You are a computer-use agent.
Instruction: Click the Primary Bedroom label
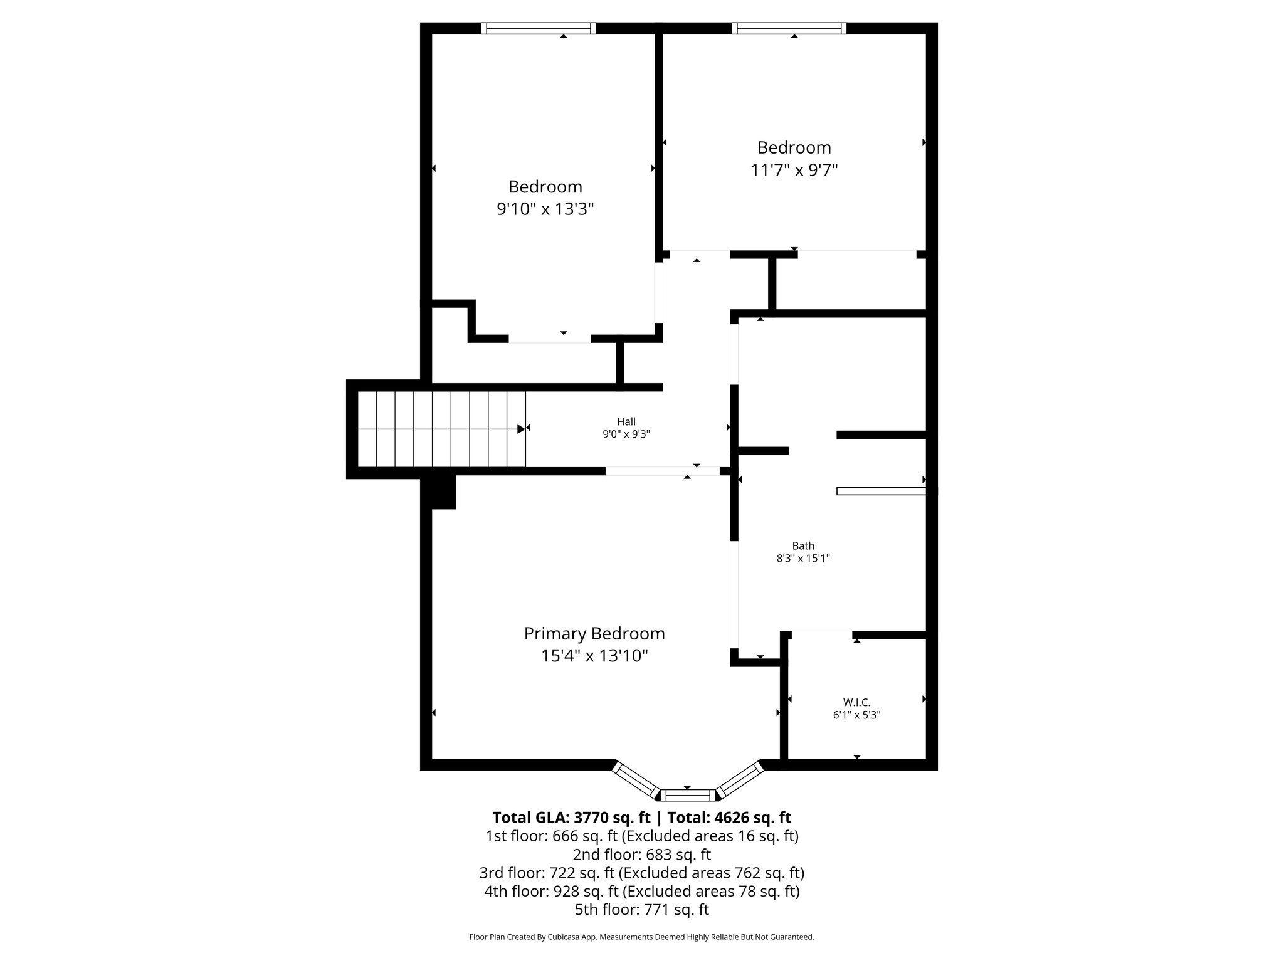[x=594, y=633]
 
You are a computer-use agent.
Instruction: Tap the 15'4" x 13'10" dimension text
[x=594, y=656]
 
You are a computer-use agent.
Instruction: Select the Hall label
[x=626, y=422]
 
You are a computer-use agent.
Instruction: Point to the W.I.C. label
[x=856, y=703]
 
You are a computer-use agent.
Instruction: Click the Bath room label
[x=803, y=546]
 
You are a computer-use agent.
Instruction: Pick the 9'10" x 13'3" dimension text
[x=545, y=209]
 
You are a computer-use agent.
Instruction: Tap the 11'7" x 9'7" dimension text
[x=794, y=170]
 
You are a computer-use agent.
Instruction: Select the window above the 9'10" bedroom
[x=539, y=28]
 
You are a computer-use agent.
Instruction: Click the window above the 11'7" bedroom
[x=789, y=28]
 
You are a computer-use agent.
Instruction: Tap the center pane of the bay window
[x=688, y=796]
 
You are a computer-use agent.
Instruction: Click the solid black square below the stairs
[x=443, y=492]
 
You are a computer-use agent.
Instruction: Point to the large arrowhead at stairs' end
[x=521, y=429]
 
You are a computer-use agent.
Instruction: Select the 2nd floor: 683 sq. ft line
[x=641, y=855]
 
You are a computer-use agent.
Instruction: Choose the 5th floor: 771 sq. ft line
[x=641, y=909]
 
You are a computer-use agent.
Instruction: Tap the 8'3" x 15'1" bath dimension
[x=803, y=559]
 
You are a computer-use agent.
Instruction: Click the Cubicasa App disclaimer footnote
[x=641, y=937]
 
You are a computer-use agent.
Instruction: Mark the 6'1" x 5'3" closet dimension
[x=856, y=715]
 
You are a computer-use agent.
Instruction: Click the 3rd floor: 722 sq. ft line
[x=641, y=873]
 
